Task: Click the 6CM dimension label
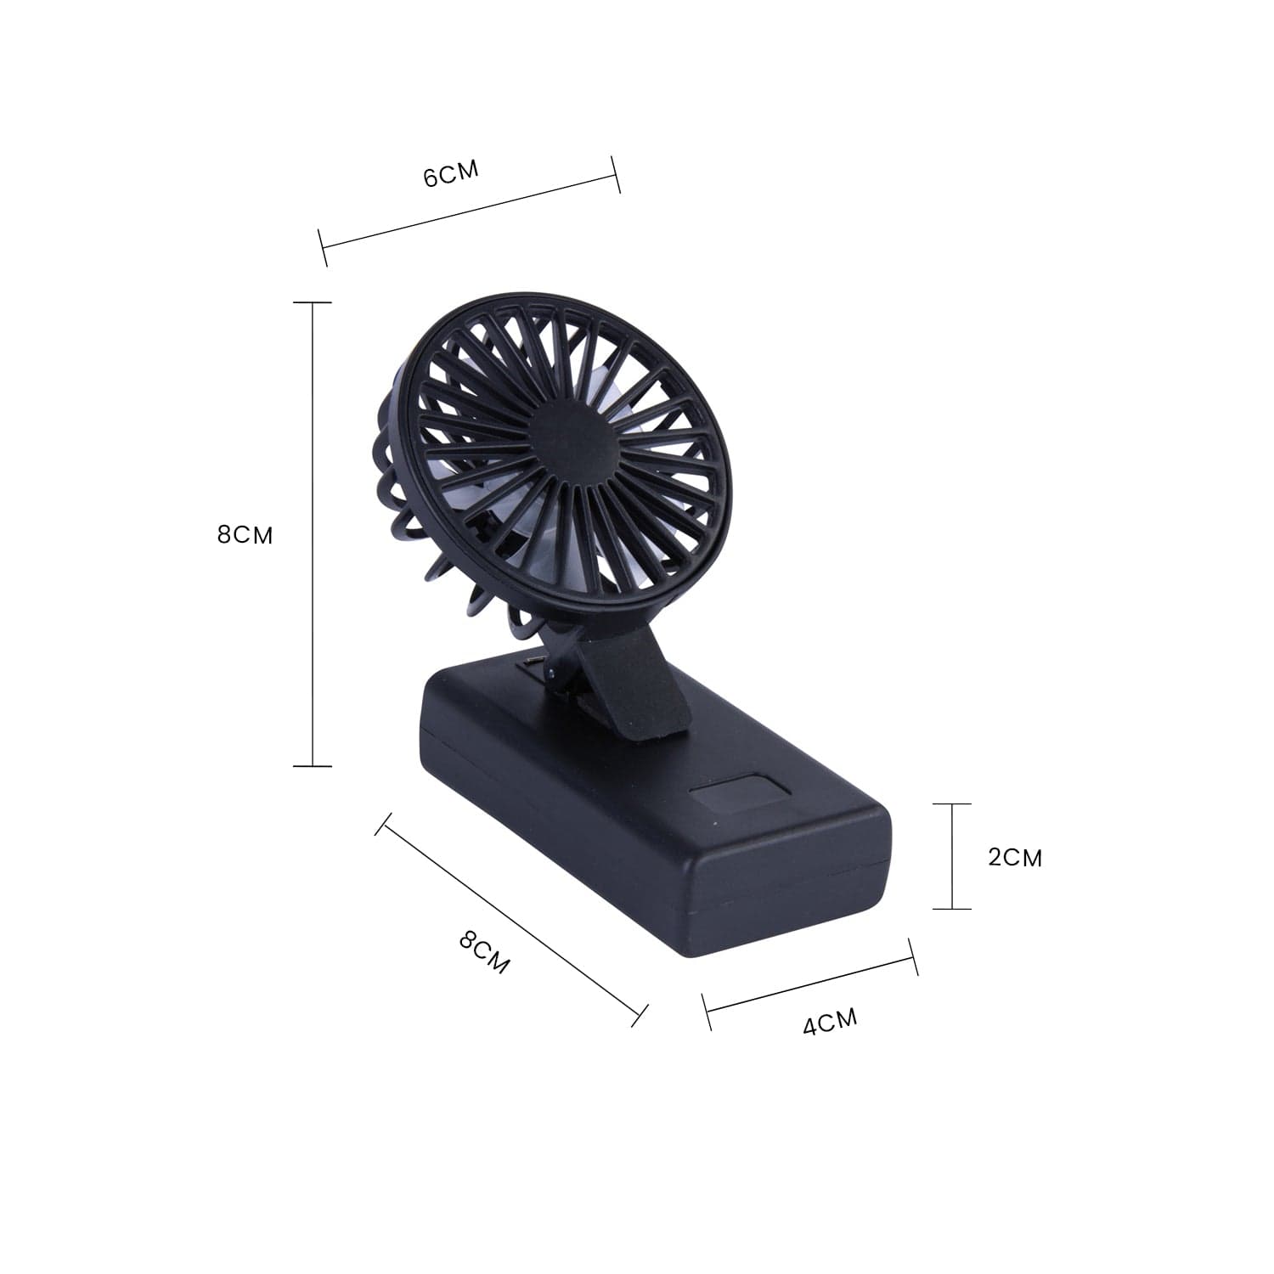click(451, 173)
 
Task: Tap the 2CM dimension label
click(1014, 857)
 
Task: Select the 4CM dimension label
click(830, 1022)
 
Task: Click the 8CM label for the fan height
click(245, 535)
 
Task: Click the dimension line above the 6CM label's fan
click(470, 212)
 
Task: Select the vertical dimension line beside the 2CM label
click(952, 856)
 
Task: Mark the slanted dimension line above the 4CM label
click(811, 985)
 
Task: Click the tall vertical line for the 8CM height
click(313, 535)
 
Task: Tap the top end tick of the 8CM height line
click(313, 302)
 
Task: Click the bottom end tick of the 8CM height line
click(313, 766)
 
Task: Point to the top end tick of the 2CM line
click(952, 803)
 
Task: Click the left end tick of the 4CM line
click(707, 1012)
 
